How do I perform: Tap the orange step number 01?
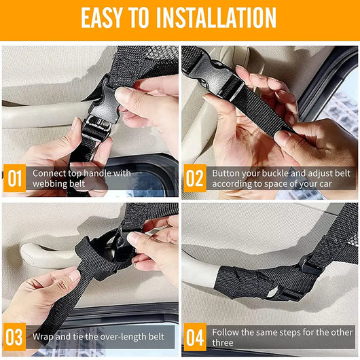(x=13, y=178)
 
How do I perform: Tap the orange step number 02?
(x=194, y=178)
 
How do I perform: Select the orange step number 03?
(x=13, y=338)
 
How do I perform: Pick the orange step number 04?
(x=194, y=338)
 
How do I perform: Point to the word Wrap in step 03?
(x=43, y=338)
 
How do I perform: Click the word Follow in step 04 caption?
(x=226, y=332)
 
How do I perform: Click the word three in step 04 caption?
(x=223, y=343)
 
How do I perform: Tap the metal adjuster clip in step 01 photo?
(x=95, y=126)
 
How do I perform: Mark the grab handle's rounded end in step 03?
(x=31, y=257)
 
